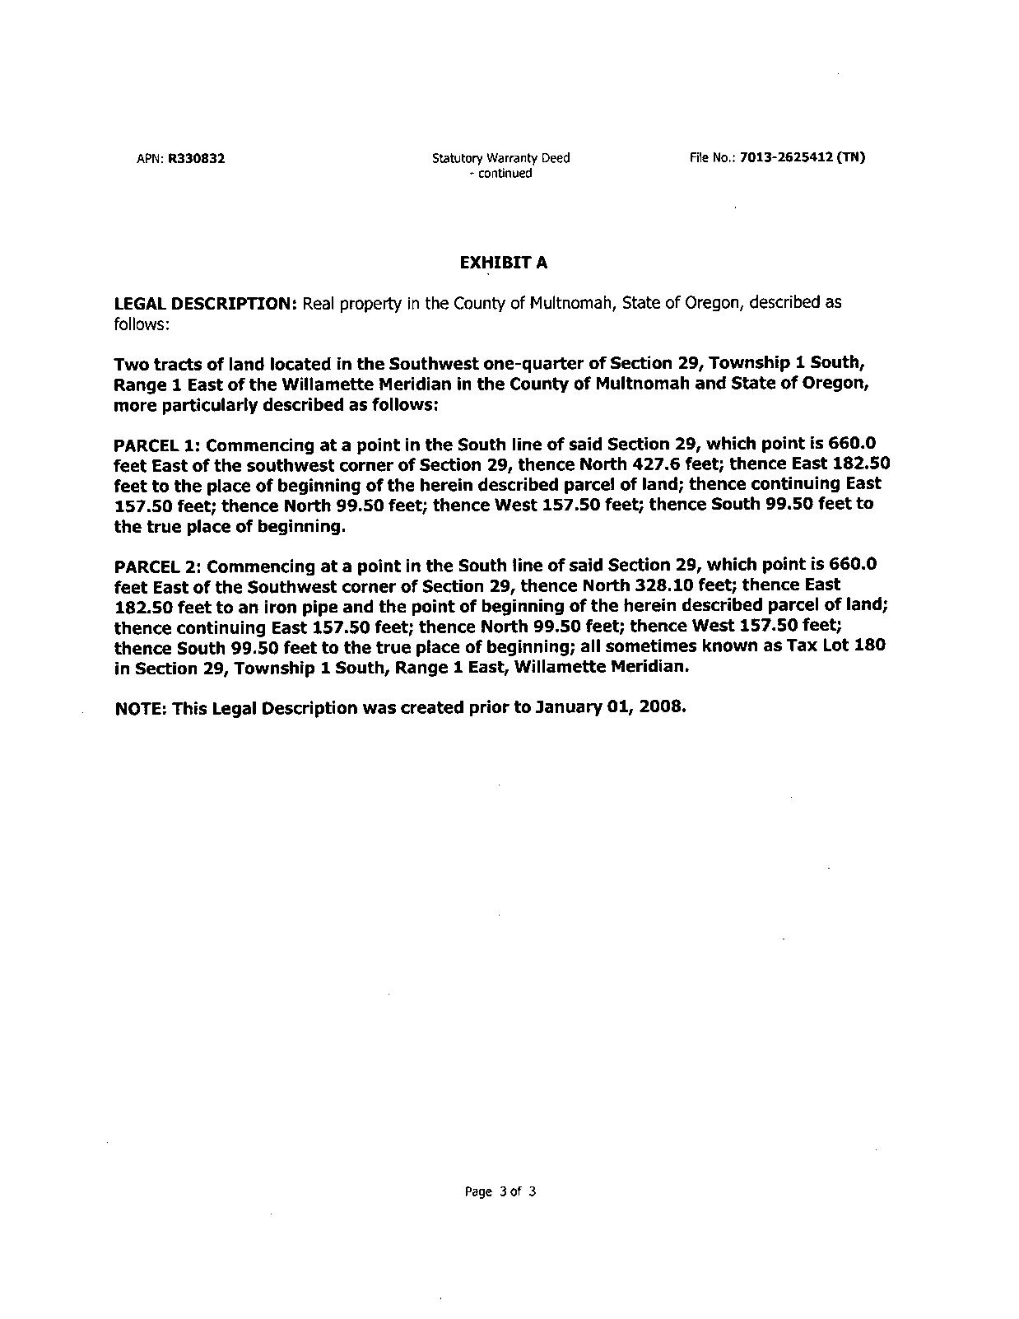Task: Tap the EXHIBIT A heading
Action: coord(503,263)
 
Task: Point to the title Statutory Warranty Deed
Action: coord(500,158)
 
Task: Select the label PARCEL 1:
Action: coord(156,445)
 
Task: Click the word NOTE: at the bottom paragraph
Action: coord(141,708)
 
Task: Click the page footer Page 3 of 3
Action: coord(500,1191)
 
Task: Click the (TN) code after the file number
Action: coord(850,157)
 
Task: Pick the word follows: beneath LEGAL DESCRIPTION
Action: coord(142,324)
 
